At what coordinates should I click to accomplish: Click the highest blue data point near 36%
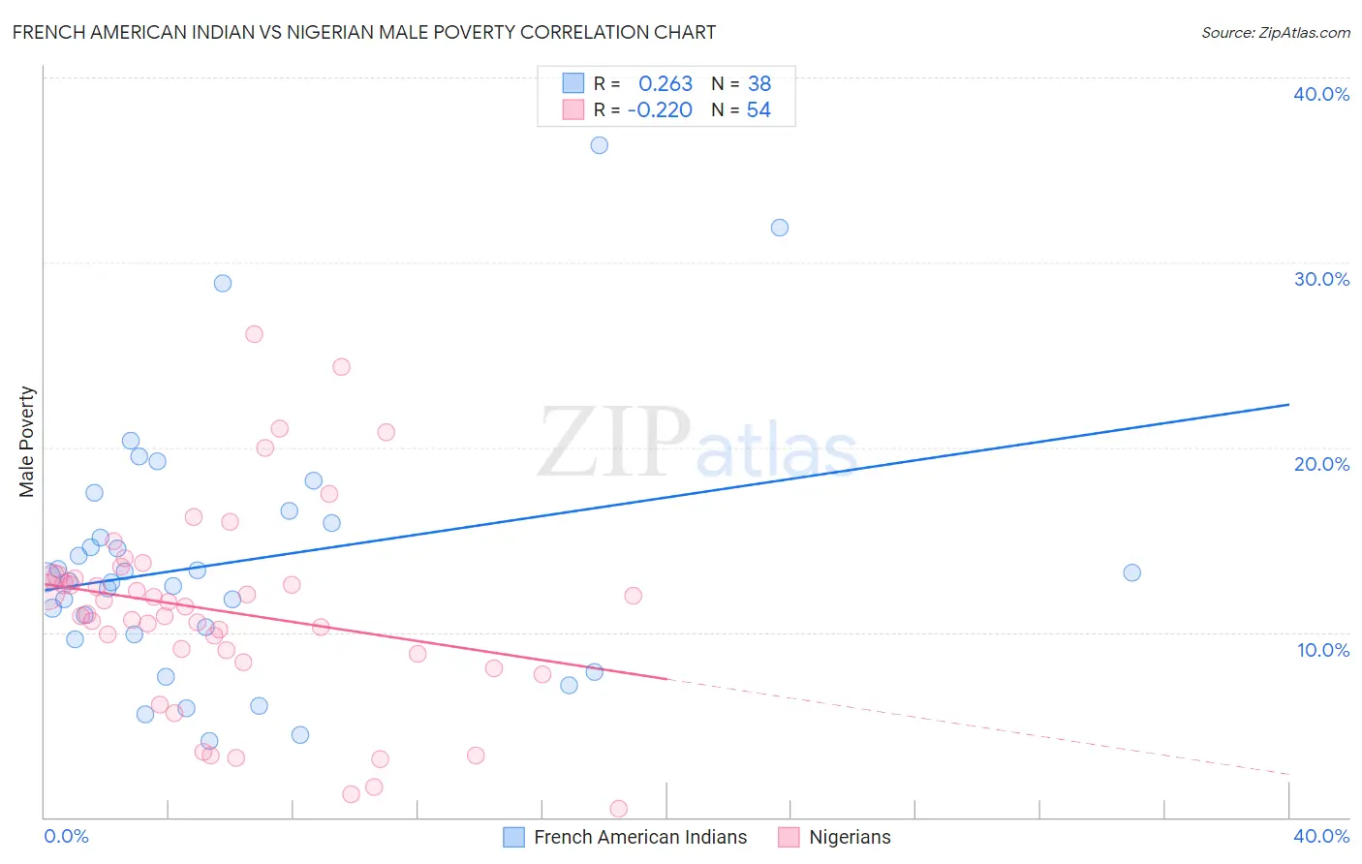pyautogui.click(x=600, y=145)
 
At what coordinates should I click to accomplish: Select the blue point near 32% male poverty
pyautogui.click(x=780, y=228)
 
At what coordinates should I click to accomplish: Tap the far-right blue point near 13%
pyautogui.click(x=1131, y=572)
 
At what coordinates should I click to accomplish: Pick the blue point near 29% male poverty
pyautogui.click(x=223, y=284)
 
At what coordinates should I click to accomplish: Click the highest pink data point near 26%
pyautogui.click(x=254, y=334)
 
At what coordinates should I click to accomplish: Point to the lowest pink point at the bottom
pyautogui.click(x=618, y=809)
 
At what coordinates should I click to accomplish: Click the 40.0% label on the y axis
pyautogui.click(x=1321, y=94)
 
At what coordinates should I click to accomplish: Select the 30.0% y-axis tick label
pyautogui.click(x=1321, y=279)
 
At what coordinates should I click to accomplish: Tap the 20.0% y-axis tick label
pyautogui.click(x=1321, y=464)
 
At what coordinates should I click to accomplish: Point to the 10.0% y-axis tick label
pyautogui.click(x=1323, y=650)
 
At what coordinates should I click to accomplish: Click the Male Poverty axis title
pyautogui.click(x=27, y=442)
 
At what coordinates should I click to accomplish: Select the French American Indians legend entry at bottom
pyautogui.click(x=639, y=837)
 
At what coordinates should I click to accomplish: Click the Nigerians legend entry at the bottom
pyautogui.click(x=849, y=837)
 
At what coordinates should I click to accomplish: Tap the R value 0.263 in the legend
pyautogui.click(x=666, y=84)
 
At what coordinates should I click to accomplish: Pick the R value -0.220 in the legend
pyautogui.click(x=660, y=110)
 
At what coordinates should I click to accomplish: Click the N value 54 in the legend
pyautogui.click(x=758, y=110)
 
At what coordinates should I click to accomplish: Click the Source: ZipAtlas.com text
pyautogui.click(x=1275, y=33)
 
